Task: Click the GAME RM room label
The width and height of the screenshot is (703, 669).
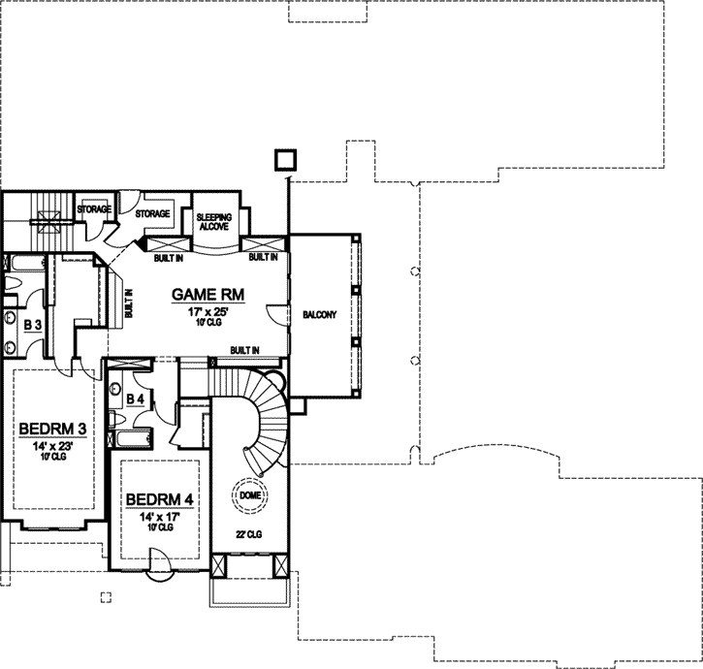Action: (207, 294)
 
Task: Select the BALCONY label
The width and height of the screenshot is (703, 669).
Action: (320, 314)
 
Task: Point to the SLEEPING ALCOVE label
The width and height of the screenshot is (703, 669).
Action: (212, 222)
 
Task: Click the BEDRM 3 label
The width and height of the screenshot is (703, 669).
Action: (50, 429)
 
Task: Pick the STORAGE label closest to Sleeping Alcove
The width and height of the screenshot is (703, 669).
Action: (152, 213)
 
